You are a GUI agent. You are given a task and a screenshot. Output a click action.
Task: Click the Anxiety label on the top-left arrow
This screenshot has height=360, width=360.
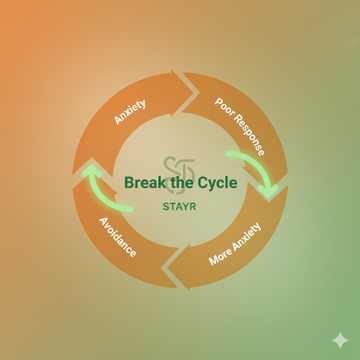(x=130, y=110)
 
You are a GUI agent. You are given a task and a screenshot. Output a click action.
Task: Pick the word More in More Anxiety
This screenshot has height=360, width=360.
(x=221, y=258)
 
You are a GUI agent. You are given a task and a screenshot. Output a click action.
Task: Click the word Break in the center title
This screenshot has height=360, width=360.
(x=144, y=183)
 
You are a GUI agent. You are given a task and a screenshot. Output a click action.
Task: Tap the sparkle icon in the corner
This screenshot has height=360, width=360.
(x=340, y=340)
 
